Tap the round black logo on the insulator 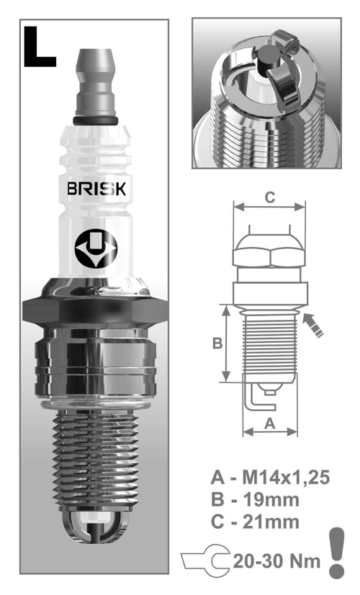tap(95, 249)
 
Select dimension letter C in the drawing tap(269, 197)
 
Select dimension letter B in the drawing tap(217, 344)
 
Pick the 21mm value tap(274, 522)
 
